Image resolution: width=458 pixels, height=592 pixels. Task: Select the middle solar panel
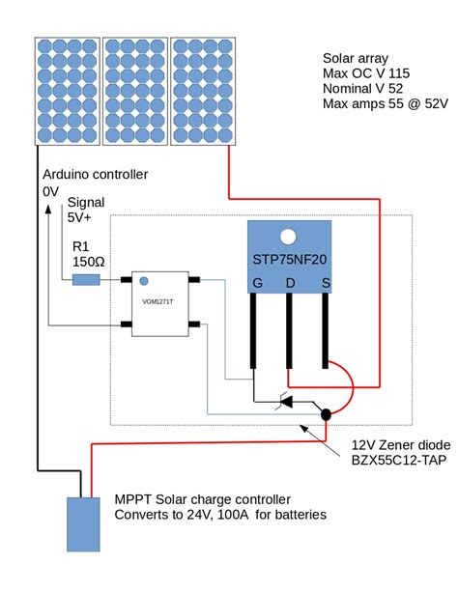(133, 91)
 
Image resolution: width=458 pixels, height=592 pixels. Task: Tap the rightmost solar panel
(201, 91)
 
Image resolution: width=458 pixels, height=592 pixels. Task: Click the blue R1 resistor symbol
(86, 280)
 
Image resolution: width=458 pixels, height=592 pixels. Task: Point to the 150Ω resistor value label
(89, 261)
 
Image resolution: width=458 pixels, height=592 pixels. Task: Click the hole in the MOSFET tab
(287, 237)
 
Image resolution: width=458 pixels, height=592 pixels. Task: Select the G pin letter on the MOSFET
(257, 283)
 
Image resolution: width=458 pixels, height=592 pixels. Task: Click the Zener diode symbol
(281, 401)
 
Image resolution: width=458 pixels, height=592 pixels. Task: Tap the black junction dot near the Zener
(327, 414)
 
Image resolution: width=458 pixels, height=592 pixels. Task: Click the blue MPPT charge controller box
(82, 524)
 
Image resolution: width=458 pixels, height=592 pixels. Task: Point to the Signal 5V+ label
(85, 210)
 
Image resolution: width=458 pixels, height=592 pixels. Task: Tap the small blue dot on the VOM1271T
(144, 282)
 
